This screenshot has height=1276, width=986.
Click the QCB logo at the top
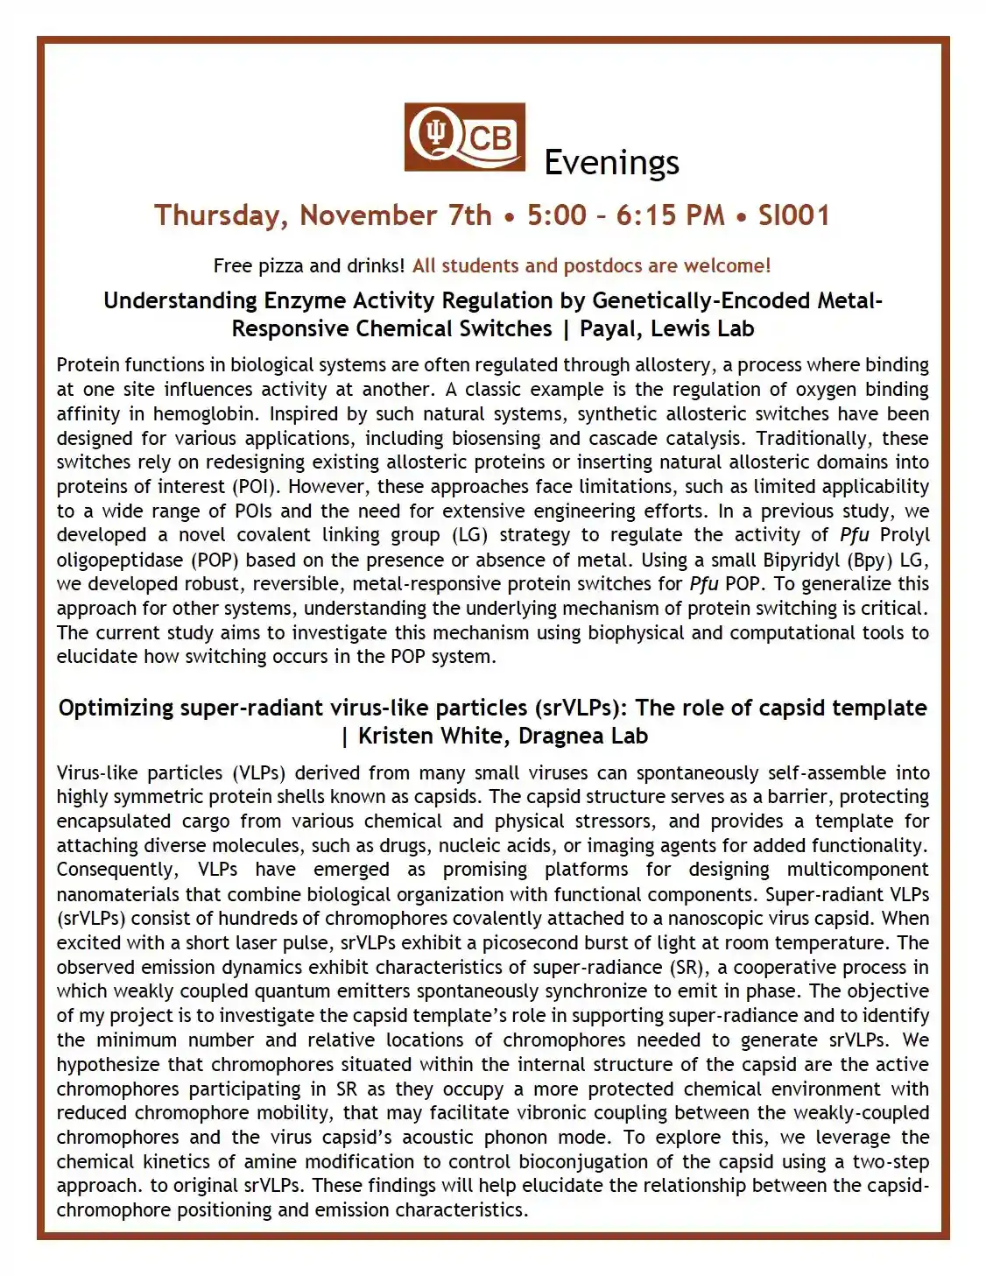click(464, 137)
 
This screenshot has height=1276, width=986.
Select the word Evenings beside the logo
click(611, 163)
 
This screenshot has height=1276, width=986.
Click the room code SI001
click(793, 215)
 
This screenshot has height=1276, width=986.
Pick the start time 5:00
click(556, 215)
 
